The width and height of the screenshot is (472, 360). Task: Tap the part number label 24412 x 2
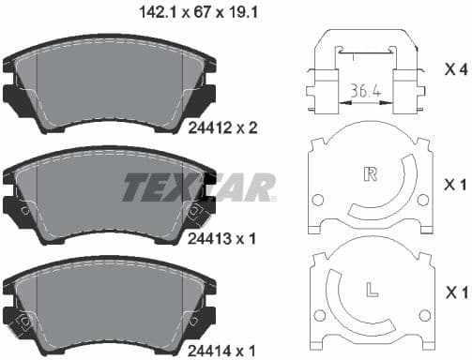coord(223,128)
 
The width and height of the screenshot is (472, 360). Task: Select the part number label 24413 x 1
coord(223,238)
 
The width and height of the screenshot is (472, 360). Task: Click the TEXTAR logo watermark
coord(199,187)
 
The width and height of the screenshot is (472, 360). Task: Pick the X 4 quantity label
coord(456,69)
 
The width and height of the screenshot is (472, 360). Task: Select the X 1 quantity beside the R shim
coord(456,182)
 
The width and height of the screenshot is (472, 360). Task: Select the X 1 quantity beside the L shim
coord(456,293)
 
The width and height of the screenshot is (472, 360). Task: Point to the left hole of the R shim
coord(316,199)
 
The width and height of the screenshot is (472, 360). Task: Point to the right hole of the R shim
coord(422,199)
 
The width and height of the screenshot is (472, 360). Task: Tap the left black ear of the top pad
coord(14,96)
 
